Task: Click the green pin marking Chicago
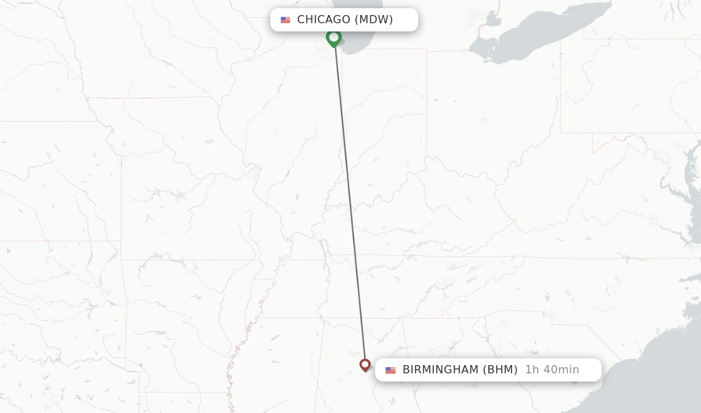[333, 38]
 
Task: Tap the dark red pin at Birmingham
[365, 364]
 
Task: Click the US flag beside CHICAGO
[285, 20]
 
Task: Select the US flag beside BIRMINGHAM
[390, 370]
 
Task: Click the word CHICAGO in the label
[323, 20]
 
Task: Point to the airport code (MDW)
[374, 20]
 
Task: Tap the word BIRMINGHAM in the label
[440, 370]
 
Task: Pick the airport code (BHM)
[500, 370]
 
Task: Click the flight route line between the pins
[349, 198]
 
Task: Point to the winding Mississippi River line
[236, 356]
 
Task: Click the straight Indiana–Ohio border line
[426, 103]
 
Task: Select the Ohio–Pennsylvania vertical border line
[560, 89]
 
